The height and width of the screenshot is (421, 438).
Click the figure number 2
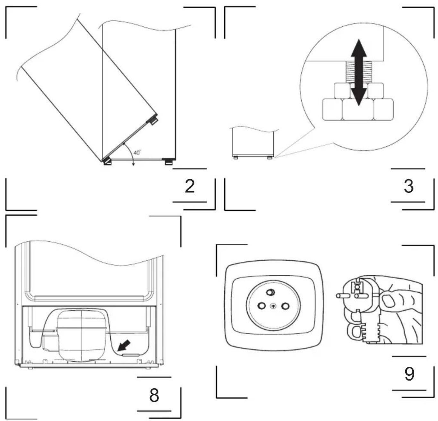(x=190, y=186)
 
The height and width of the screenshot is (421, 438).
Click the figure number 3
(x=408, y=186)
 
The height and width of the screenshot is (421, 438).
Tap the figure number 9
(x=409, y=374)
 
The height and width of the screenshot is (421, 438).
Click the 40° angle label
(x=137, y=152)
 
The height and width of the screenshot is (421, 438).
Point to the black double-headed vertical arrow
(x=359, y=72)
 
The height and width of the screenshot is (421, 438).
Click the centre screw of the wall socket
(x=273, y=306)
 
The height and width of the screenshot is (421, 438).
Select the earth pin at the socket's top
(x=270, y=292)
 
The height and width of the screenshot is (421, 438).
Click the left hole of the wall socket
(x=262, y=305)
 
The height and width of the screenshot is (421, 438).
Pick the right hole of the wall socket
(x=285, y=306)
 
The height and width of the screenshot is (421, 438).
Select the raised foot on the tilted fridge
(x=152, y=119)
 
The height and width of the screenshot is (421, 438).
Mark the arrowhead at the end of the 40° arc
(x=133, y=164)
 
